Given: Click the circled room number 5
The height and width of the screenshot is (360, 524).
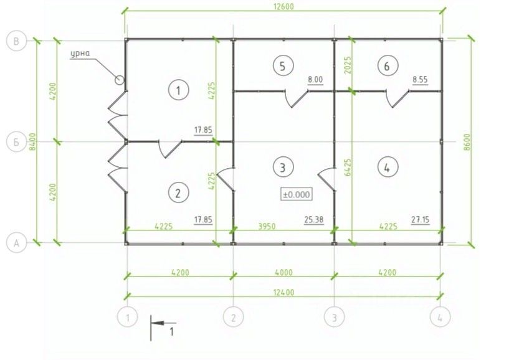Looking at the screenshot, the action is [x=283, y=66].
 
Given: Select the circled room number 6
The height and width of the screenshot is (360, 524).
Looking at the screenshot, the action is [x=388, y=66].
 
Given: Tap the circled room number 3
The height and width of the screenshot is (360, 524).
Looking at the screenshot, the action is [x=283, y=167].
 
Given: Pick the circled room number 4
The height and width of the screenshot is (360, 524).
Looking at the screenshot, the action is [x=388, y=167].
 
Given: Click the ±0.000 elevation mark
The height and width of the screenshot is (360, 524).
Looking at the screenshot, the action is [x=297, y=194].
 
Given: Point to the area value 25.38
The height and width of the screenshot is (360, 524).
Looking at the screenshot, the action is [x=314, y=219].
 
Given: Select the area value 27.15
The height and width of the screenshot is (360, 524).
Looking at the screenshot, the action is [x=421, y=219].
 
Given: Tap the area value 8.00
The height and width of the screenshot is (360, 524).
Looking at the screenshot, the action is [x=315, y=80].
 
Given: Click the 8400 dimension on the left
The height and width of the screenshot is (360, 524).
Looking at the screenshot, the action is [x=39, y=143].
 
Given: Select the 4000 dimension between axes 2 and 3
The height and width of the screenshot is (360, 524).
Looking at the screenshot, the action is [x=283, y=272].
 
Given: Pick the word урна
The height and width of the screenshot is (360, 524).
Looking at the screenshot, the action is [x=80, y=53].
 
